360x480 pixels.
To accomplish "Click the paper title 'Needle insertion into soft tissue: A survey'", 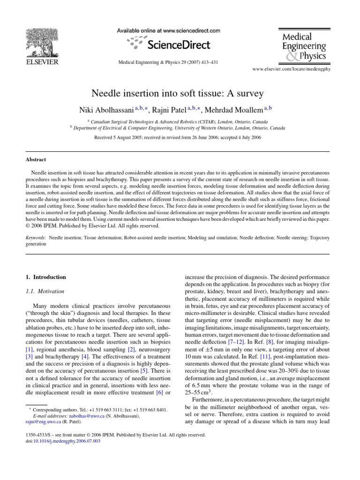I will click(x=180, y=94).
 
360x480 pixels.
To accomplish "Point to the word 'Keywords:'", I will click(x=36, y=238).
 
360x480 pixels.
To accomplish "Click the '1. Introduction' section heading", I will click(x=46, y=277).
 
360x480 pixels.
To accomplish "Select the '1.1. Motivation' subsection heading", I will click(x=44, y=291).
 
